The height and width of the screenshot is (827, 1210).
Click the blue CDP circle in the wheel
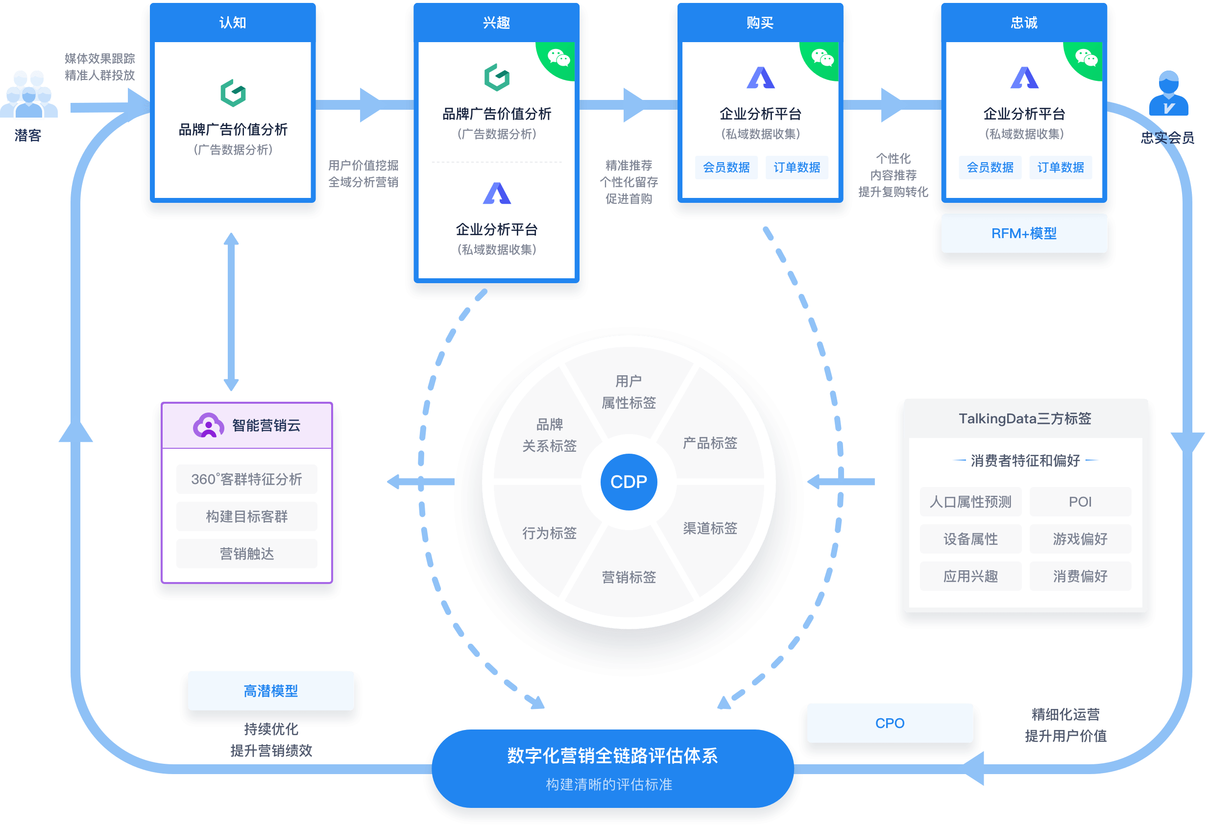(629, 482)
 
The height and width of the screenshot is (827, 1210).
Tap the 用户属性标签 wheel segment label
(629, 391)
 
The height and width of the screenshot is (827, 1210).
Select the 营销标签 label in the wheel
(629, 577)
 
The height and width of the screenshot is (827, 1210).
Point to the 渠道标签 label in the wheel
(710, 528)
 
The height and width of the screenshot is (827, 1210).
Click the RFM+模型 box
(1024, 233)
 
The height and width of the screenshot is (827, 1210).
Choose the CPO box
(889, 723)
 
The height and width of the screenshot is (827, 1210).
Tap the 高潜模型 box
(271, 691)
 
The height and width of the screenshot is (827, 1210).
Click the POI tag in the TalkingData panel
(1080, 502)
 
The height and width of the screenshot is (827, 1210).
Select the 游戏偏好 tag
(1080, 539)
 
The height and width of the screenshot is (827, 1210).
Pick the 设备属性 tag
(970, 539)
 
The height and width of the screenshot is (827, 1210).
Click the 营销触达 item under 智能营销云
(247, 554)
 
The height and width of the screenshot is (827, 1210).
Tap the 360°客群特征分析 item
(247, 479)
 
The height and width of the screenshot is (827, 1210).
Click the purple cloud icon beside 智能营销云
(208, 425)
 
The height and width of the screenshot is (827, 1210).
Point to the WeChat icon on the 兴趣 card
(558, 58)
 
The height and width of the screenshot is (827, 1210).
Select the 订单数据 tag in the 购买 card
(797, 167)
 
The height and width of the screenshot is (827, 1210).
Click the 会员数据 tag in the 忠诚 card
(990, 167)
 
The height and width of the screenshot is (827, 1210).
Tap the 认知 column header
(233, 23)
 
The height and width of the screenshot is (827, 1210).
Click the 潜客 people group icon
(28, 96)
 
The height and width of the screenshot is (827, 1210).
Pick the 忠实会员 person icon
(1168, 94)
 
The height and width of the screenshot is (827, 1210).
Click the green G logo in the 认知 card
(233, 93)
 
